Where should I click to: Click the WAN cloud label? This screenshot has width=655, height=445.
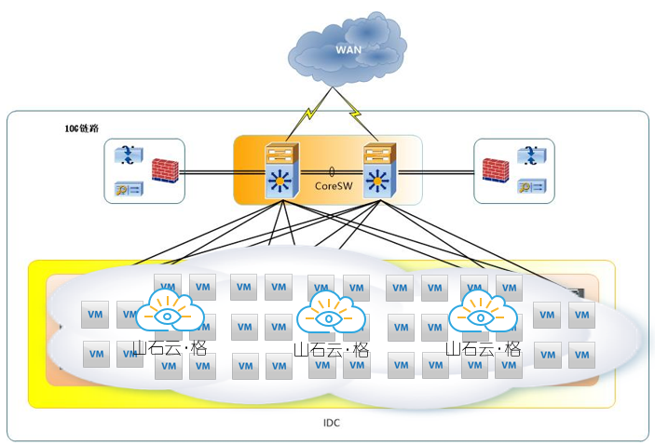348,49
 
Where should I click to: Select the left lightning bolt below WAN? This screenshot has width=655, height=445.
309,118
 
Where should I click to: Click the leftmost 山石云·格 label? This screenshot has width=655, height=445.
170,349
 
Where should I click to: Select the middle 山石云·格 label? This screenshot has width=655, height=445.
331,350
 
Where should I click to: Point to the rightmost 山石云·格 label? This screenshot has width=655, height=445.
483,349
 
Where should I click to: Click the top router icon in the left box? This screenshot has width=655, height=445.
126,155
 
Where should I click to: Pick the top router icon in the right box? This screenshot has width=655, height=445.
531,155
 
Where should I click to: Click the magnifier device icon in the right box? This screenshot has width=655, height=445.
532,187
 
